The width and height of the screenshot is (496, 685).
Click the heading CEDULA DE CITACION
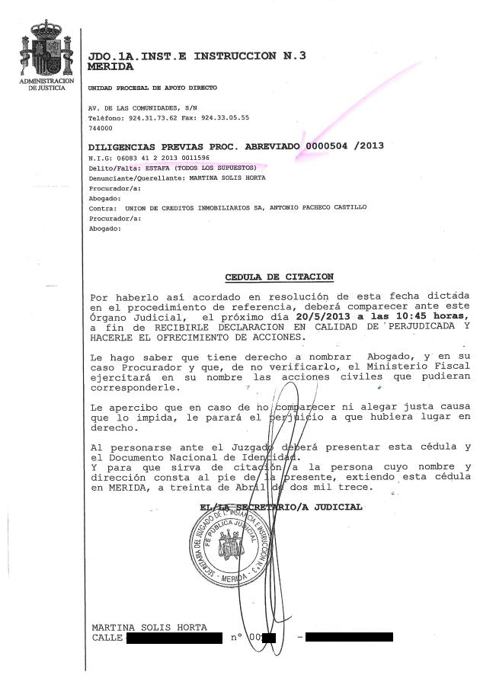[x=279, y=277]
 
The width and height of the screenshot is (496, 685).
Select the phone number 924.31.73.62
[x=150, y=118]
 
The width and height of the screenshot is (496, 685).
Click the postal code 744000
[x=100, y=128]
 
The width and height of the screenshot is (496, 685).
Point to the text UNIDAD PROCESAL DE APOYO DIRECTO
[x=147, y=88]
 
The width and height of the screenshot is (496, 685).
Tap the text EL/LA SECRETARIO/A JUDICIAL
[x=281, y=507]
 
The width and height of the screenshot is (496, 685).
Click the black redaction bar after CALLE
[x=173, y=637]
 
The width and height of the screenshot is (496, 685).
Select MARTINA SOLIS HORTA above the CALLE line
[x=149, y=627]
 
